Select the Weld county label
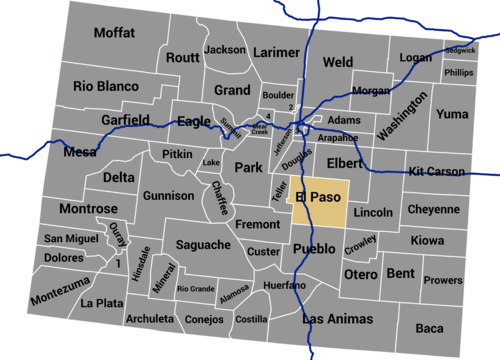point(338,62)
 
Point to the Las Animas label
point(341,319)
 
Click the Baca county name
point(429,328)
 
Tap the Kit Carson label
point(437,171)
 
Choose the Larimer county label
point(277,51)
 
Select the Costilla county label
point(251,319)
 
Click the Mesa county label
point(80,153)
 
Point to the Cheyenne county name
point(433,211)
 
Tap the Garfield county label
point(127,120)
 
